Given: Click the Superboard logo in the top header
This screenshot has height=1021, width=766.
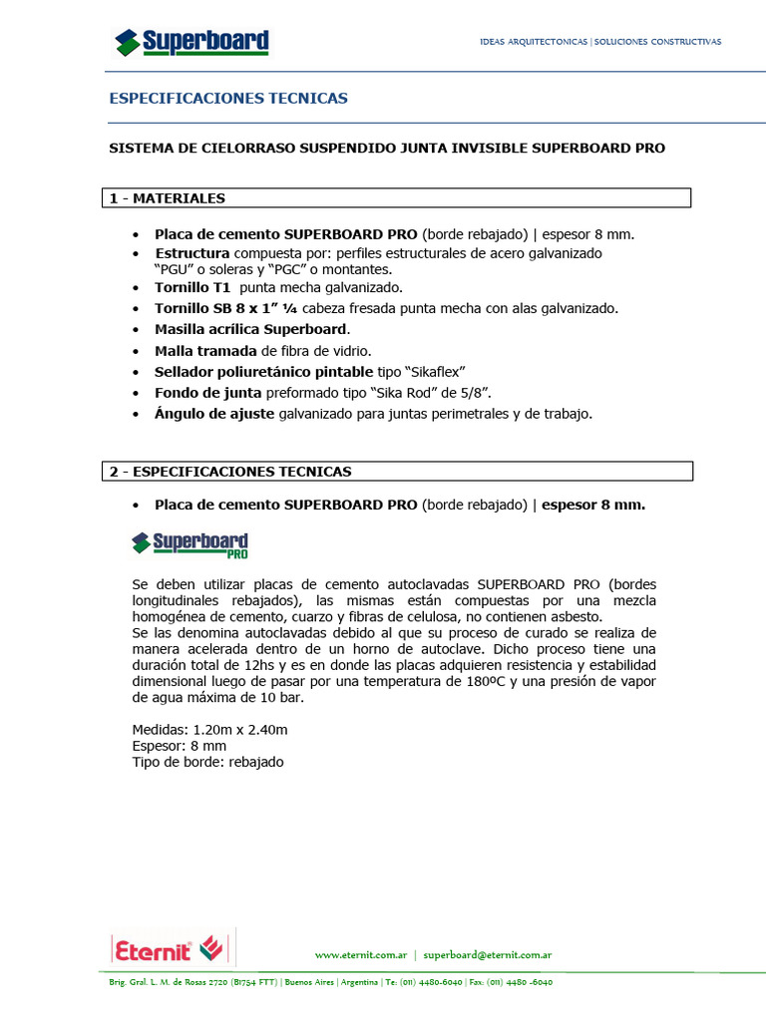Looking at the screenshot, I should click(191, 42).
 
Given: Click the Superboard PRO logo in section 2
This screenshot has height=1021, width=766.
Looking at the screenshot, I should click(191, 543).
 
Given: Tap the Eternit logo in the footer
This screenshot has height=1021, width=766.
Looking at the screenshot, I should click(167, 947).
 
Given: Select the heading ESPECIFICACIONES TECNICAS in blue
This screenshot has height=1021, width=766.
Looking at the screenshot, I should click(228, 99).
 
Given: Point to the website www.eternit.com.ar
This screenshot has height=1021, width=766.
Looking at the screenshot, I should click(360, 954).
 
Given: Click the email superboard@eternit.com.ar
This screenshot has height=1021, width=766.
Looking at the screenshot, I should click(488, 954).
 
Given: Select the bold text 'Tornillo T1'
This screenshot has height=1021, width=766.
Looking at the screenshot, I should click(192, 287).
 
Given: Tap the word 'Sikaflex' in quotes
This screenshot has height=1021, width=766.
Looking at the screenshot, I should click(435, 371).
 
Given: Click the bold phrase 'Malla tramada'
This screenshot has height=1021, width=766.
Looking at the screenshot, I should click(204, 350).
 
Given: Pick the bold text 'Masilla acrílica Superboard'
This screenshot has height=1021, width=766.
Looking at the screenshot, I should click(251, 329).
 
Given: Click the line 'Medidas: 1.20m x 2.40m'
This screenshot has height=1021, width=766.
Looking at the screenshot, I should click(209, 730).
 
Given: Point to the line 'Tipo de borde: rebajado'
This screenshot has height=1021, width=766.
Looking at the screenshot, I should click(207, 762).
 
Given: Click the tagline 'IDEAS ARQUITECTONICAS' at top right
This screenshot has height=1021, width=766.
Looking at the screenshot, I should click(534, 42).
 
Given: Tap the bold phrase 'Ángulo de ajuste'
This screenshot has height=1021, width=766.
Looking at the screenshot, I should click(214, 413).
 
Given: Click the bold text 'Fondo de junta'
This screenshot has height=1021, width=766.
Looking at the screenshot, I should click(207, 392).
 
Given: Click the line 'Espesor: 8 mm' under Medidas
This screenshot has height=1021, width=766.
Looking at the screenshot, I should click(180, 746).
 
